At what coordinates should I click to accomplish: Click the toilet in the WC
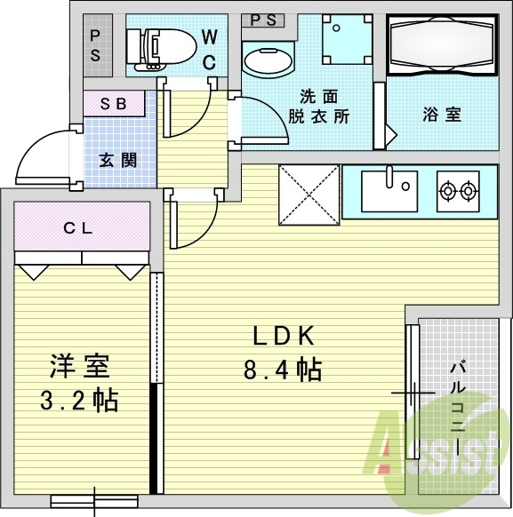pyautogui.click(x=161, y=50)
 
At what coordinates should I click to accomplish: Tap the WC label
pyautogui.click(x=210, y=50)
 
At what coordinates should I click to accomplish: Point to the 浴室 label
pyautogui.click(x=442, y=115)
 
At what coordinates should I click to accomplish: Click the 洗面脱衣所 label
pyautogui.click(x=318, y=107)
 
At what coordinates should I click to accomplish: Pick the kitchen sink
pyautogui.click(x=389, y=191)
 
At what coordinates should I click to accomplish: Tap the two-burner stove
pyautogui.click(x=458, y=191)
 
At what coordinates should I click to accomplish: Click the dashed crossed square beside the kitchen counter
pyautogui.click(x=309, y=195)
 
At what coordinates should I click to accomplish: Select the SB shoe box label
pyautogui.click(x=114, y=104)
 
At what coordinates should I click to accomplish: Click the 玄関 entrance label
pyautogui.click(x=118, y=161)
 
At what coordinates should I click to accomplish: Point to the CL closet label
pyautogui.click(x=78, y=227)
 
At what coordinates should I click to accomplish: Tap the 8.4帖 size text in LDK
pyautogui.click(x=283, y=370)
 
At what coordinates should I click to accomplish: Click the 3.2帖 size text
pyautogui.click(x=79, y=400)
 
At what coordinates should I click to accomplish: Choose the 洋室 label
pyautogui.click(x=79, y=366)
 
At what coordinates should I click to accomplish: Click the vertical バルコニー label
pyautogui.click(x=458, y=409)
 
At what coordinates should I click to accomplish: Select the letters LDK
pyautogui.click(x=284, y=337)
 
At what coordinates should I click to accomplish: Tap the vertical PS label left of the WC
pyautogui.click(x=95, y=46)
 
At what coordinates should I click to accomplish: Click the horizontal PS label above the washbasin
pyautogui.click(x=263, y=20)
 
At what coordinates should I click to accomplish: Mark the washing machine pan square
pyautogui.click(x=348, y=39)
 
